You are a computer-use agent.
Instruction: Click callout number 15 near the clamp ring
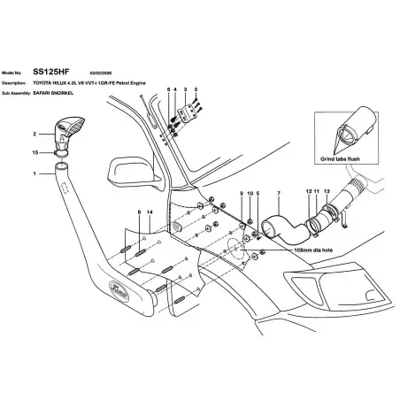point(35,153)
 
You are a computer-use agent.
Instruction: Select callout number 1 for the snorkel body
point(35,175)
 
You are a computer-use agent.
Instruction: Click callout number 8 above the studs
point(139,213)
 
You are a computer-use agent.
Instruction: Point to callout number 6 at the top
point(168,90)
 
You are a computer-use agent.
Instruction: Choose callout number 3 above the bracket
point(186,90)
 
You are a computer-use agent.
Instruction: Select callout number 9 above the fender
point(240,192)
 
